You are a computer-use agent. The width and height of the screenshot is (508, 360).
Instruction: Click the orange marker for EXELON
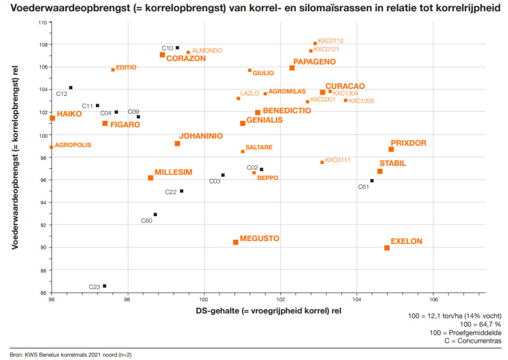coord(387,248)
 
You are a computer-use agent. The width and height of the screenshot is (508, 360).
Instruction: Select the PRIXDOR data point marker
coord(391,149)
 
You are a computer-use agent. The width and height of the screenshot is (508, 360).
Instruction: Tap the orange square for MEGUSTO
coord(236,242)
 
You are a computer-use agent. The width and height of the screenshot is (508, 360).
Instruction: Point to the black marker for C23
coord(105,286)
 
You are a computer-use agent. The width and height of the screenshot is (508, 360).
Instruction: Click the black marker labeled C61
coord(372,181)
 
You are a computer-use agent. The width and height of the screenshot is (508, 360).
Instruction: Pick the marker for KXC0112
coord(315,43)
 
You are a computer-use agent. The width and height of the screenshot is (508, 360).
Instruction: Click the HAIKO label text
coord(69,114)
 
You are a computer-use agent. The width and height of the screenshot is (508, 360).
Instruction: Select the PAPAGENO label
coord(314,62)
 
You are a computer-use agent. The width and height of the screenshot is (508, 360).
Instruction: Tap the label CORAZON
coord(186,59)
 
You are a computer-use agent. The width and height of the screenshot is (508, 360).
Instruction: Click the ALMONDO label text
coord(207,51)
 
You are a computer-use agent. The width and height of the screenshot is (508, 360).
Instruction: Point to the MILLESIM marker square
coord(150,178)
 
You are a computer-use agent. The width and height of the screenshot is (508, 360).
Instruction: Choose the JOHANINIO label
coord(201,136)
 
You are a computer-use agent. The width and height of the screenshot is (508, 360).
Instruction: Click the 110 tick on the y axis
coord(43,22)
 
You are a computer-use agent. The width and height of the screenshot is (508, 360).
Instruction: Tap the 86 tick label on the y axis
coord(43,293)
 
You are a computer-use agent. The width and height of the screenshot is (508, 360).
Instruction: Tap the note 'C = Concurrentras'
coord(471,341)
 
